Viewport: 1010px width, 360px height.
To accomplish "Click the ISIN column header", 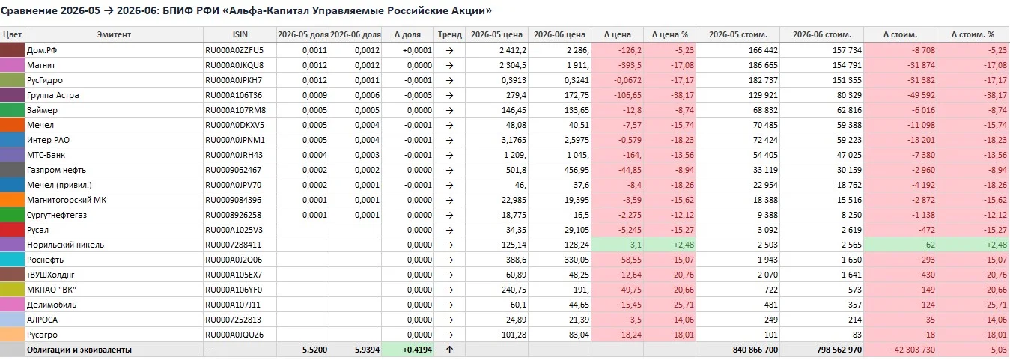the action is [240, 34].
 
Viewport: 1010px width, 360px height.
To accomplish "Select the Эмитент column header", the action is [114, 34].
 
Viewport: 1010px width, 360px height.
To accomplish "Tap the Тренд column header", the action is [449, 34].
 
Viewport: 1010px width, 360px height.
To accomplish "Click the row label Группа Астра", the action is [52, 95].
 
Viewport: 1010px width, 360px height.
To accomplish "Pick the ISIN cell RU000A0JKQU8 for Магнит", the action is [234, 65].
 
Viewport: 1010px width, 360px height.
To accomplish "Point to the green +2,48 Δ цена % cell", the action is [669, 245].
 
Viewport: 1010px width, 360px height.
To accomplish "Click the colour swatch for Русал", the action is [12, 230].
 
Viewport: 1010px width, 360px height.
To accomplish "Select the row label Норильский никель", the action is [65, 245].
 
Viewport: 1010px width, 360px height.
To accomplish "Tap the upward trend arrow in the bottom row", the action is [449, 350].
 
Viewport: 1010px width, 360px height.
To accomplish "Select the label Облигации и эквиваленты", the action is [79, 350].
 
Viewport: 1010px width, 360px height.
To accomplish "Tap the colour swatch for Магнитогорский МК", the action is [12, 200].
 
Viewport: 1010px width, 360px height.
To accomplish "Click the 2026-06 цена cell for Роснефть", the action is [577, 260].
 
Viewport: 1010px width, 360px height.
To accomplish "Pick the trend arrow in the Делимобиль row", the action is [449, 305].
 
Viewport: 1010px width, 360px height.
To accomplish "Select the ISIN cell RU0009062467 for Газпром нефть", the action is [233, 171].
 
